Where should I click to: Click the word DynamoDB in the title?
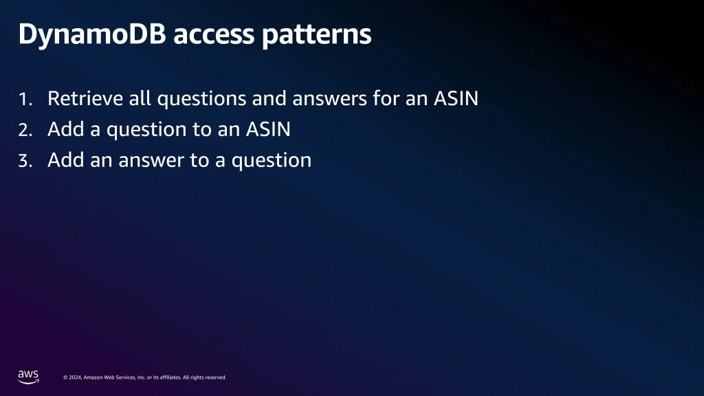pos(93,34)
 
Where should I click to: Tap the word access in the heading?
pos(214,35)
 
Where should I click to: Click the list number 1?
pos(25,99)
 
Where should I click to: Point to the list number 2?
pos(25,130)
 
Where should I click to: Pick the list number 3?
pos(25,161)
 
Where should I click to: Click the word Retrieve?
pos(85,98)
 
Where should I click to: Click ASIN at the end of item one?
pos(456,98)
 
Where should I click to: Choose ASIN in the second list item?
pos(268,129)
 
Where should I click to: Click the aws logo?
pos(28,377)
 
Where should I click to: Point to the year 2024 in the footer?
pos(75,377)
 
